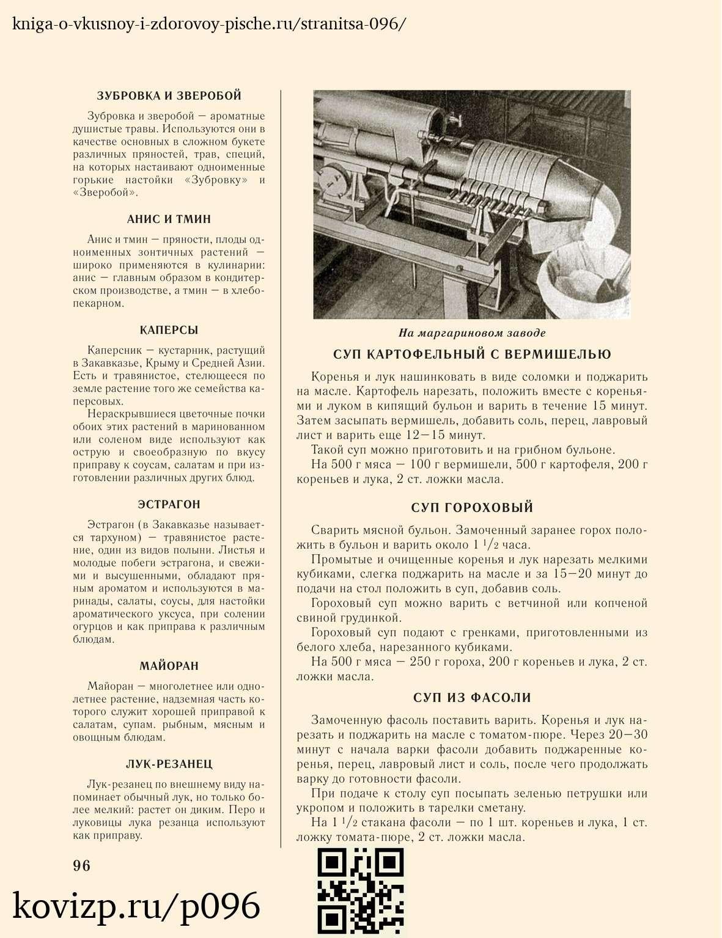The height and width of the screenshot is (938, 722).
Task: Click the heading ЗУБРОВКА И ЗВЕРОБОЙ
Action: [169, 96]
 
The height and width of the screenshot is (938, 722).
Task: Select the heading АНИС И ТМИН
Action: [169, 219]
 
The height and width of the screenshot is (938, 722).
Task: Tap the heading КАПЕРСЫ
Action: [169, 331]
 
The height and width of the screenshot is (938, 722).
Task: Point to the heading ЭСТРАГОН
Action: [169, 505]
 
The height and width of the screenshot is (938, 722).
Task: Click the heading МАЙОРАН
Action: [169, 667]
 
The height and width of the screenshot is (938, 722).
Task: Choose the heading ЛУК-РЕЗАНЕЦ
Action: [169, 764]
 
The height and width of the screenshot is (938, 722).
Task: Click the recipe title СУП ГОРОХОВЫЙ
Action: [472, 508]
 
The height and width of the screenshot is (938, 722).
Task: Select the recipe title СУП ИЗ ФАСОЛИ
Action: [472, 698]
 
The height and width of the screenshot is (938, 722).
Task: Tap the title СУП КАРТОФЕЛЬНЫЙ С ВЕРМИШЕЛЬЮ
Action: [472, 355]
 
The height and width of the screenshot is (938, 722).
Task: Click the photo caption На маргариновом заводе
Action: [472, 333]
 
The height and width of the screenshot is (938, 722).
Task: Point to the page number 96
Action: [81, 866]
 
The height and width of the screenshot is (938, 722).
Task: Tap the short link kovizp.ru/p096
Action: [136, 906]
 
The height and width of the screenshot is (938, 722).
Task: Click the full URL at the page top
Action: [208, 24]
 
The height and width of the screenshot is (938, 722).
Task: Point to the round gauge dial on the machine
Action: [333, 180]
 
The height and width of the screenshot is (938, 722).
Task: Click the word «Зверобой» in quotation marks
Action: [105, 192]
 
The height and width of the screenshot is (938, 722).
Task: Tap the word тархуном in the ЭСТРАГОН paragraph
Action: [116, 538]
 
